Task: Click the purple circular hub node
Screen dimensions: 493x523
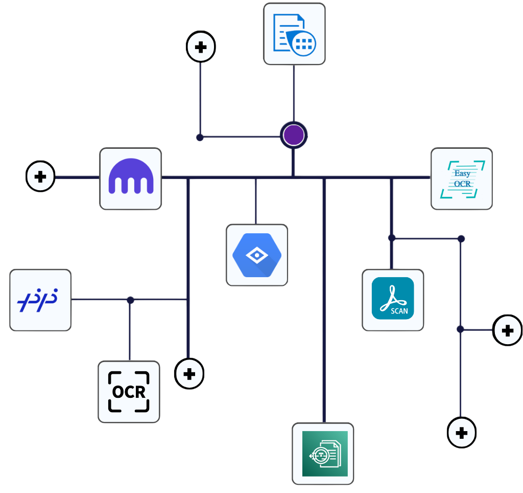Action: click(x=294, y=136)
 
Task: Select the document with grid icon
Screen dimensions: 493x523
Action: click(x=294, y=34)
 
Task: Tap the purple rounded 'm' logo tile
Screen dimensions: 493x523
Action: click(x=131, y=178)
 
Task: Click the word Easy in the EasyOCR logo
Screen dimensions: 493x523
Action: click(x=462, y=173)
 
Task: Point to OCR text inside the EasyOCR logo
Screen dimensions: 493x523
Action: click(x=462, y=184)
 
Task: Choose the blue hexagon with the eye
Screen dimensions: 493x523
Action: click(x=257, y=255)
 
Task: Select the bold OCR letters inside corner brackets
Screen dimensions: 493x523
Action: click(x=129, y=392)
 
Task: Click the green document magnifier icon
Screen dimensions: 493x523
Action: click(x=323, y=453)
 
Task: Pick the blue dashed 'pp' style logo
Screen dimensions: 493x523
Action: click(x=40, y=300)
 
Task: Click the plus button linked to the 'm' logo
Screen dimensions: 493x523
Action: click(x=40, y=177)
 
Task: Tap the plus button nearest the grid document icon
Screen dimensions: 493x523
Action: click(x=201, y=47)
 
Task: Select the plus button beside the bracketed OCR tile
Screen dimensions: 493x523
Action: click(x=189, y=374)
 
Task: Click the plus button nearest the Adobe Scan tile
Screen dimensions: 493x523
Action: click(x=507, y=330)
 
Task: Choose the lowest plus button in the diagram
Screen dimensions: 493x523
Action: click(x=461, y=433)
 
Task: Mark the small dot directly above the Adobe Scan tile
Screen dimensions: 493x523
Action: click(x=392, y=238)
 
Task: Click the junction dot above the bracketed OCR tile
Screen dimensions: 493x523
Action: click(x=130, y=300)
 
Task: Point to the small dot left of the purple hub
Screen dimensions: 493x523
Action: click(x=200, y=137)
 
